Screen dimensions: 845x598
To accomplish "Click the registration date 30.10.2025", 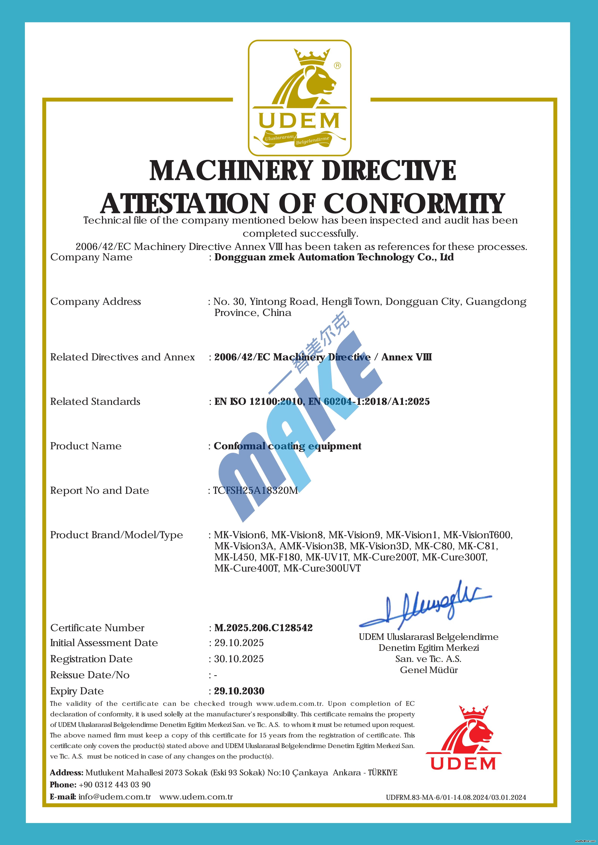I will click(239, 659).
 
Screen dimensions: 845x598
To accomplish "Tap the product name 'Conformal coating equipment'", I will click(288, 446).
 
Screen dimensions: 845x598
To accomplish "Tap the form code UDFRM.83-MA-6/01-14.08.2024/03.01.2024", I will click(456, 798).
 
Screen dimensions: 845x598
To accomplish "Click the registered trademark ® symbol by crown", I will click(337, 66).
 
